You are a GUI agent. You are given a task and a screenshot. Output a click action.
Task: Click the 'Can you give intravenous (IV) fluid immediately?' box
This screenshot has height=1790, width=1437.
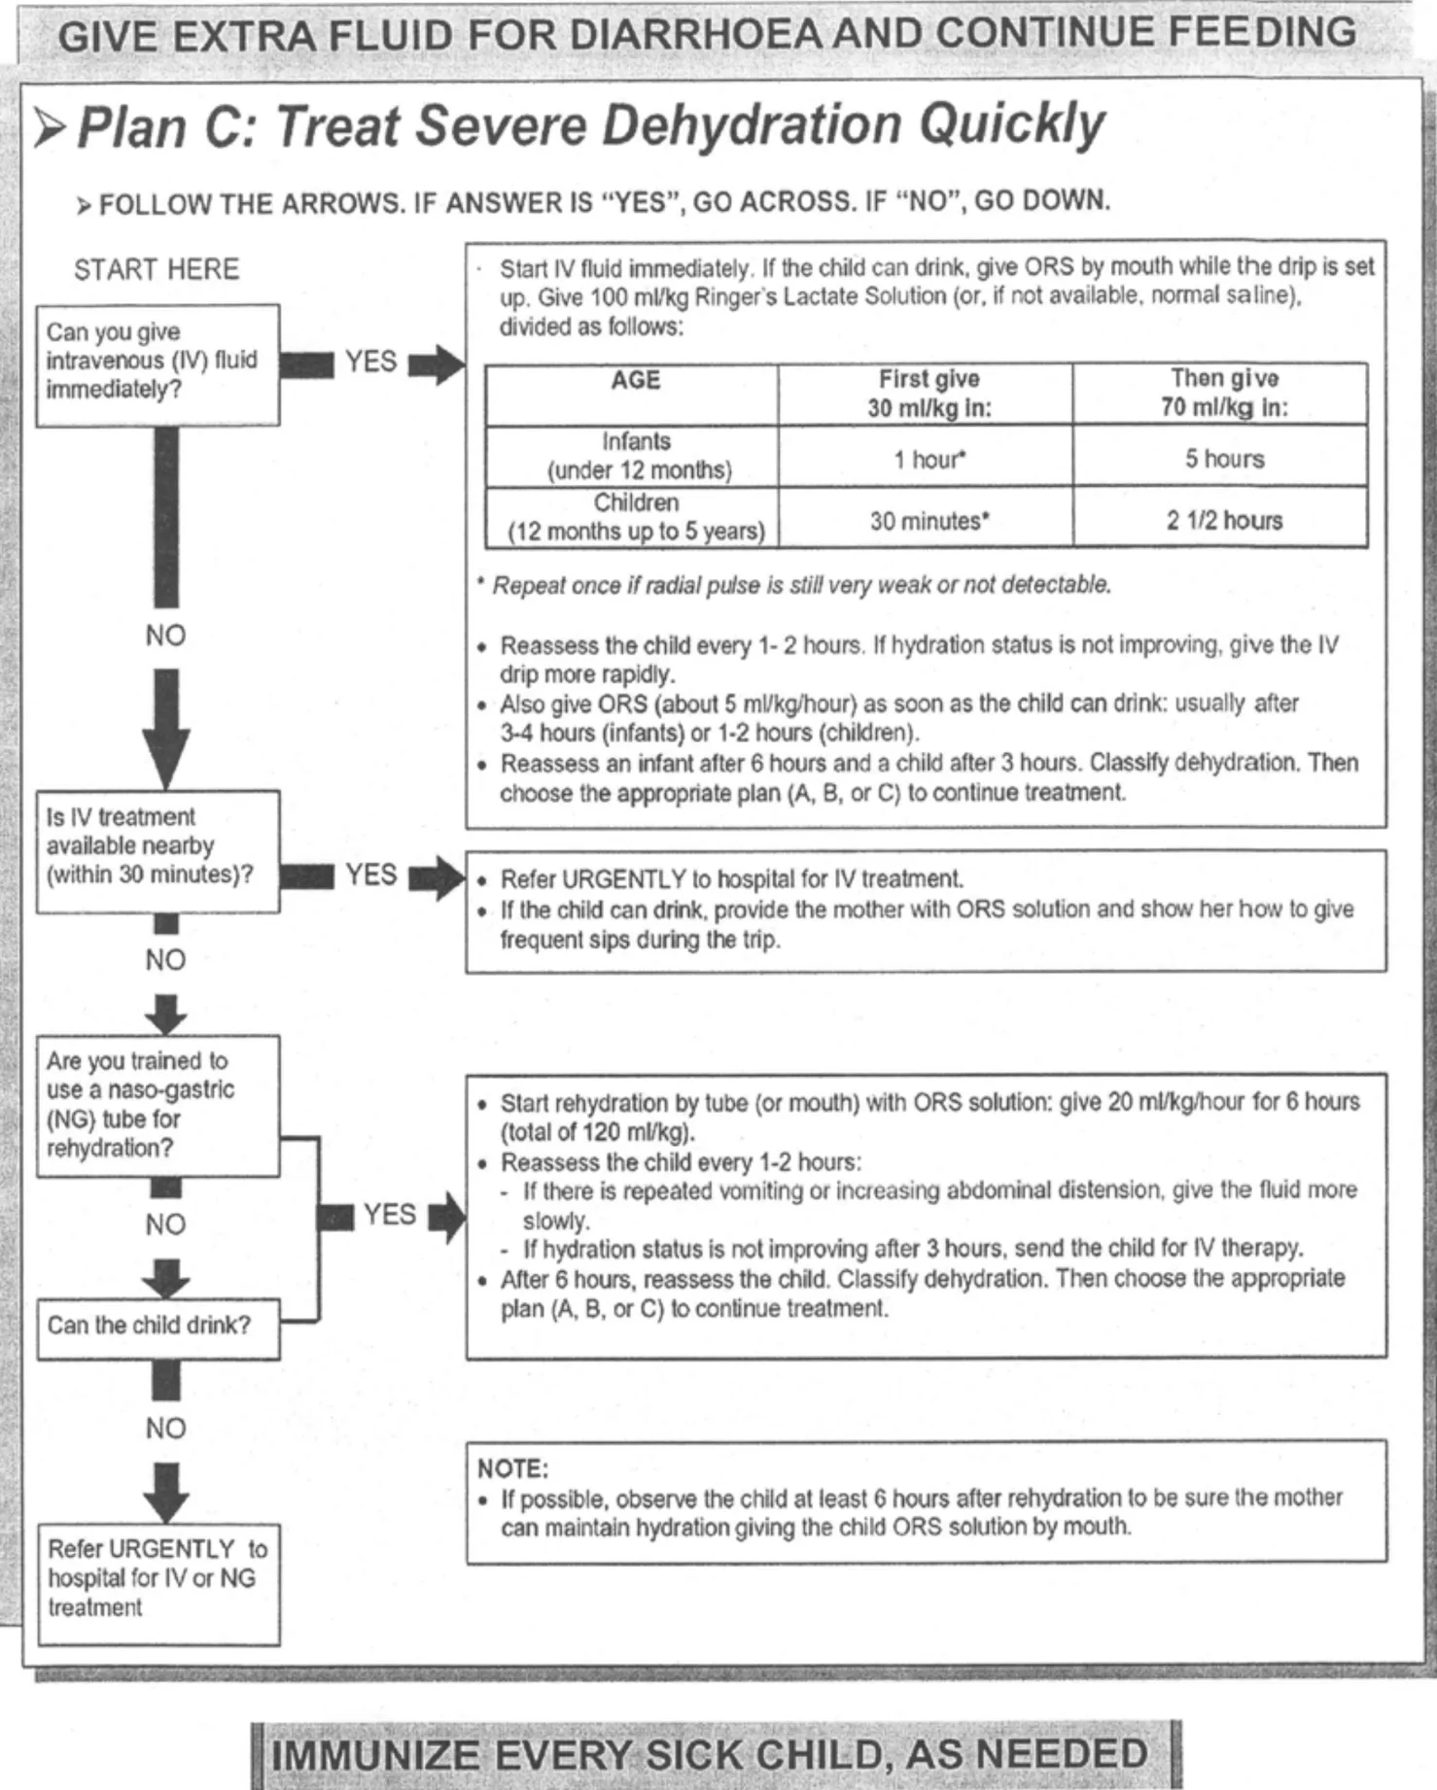[158, 364]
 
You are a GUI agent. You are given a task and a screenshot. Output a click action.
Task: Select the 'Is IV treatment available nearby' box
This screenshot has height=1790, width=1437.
[158, 850]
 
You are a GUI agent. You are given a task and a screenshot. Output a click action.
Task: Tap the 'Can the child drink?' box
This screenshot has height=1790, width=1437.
[158, 1327]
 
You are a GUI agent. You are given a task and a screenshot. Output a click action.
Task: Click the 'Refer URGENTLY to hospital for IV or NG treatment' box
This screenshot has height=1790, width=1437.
[158, 1583]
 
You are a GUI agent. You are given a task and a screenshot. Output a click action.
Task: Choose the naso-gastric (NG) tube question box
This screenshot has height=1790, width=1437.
[158, 1106]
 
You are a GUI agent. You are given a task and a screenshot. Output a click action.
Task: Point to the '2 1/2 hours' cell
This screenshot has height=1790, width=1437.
[1222, 520]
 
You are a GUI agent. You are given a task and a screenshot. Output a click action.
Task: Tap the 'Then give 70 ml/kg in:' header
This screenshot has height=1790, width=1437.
[1222, 393]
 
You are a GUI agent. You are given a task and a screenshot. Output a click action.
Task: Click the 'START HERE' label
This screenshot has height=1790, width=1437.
[156, 269]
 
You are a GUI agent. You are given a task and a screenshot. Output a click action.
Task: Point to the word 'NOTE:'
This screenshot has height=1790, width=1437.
[512, 1467]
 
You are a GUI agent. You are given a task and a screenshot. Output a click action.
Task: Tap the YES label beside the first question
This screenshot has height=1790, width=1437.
[370, 361]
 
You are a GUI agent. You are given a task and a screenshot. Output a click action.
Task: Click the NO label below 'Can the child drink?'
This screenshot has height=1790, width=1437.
[165, 1428]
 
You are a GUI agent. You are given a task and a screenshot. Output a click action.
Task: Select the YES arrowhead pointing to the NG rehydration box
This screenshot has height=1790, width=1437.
[449, 1216]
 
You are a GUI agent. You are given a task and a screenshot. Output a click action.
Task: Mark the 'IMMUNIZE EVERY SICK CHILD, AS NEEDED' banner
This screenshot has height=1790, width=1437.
[715, 1755]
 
